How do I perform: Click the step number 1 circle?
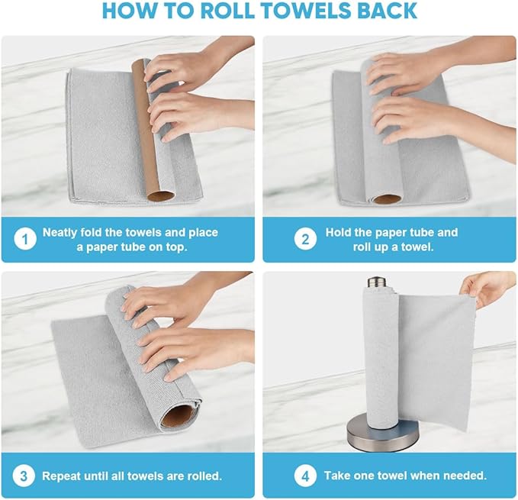coord(25,239)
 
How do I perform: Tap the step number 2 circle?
coord(305,239)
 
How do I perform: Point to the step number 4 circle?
coord(305,476)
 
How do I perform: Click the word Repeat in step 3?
coord(62,476)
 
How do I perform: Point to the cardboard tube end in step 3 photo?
coord(184,416)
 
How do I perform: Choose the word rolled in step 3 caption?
coord(204,476)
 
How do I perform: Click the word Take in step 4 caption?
coord(338,476)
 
